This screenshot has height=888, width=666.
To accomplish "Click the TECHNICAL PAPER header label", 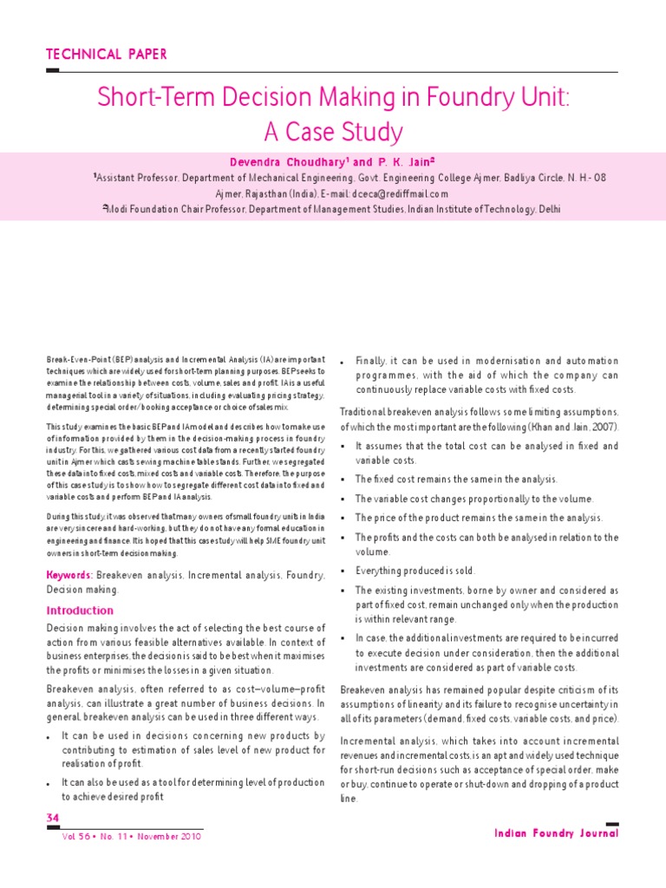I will click(107, 55).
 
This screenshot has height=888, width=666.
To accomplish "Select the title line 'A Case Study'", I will click(333, 132).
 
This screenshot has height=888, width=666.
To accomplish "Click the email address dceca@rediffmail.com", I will click(395, 193).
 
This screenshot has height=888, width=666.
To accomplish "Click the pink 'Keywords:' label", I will click(69, 575).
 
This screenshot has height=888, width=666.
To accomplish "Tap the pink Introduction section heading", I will click(80, 610).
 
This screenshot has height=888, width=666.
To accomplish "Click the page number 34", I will click(53, 818).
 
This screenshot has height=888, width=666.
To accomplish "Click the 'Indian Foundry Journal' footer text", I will click(556, 833).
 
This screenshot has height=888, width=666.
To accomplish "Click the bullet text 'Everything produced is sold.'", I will click(415, 571).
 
